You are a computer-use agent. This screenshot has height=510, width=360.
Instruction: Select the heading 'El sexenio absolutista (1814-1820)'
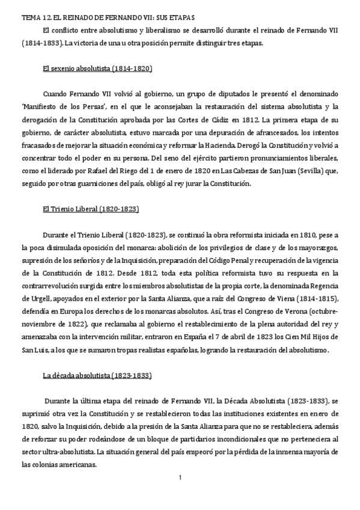pos(98,69)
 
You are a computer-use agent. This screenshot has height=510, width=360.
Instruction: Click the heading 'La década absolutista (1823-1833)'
pos(97,376)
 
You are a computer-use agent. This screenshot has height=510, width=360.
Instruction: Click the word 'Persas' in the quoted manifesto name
pos(106,107)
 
